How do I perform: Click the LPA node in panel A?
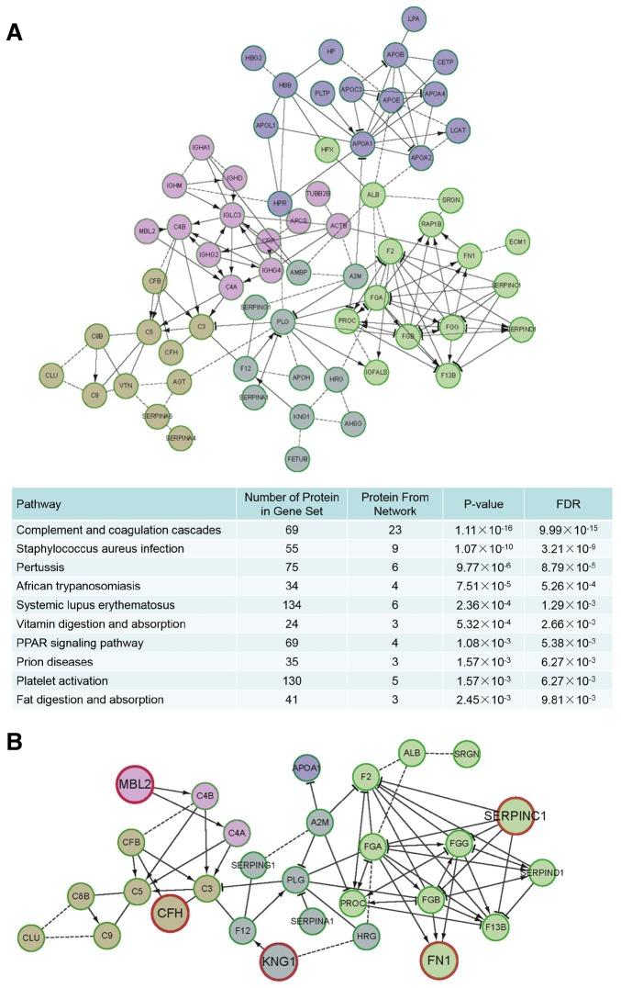click(414, 18)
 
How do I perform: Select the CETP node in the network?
click(446, 62)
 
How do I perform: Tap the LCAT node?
click(459, 130)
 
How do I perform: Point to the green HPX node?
click(326, 149)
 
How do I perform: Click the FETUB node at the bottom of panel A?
click(296, 456)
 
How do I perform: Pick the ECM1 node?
click(518, 241)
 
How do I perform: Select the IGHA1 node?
click(202, 147)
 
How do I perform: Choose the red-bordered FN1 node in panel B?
click(441, 962)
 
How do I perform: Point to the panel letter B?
click(14, 737)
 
